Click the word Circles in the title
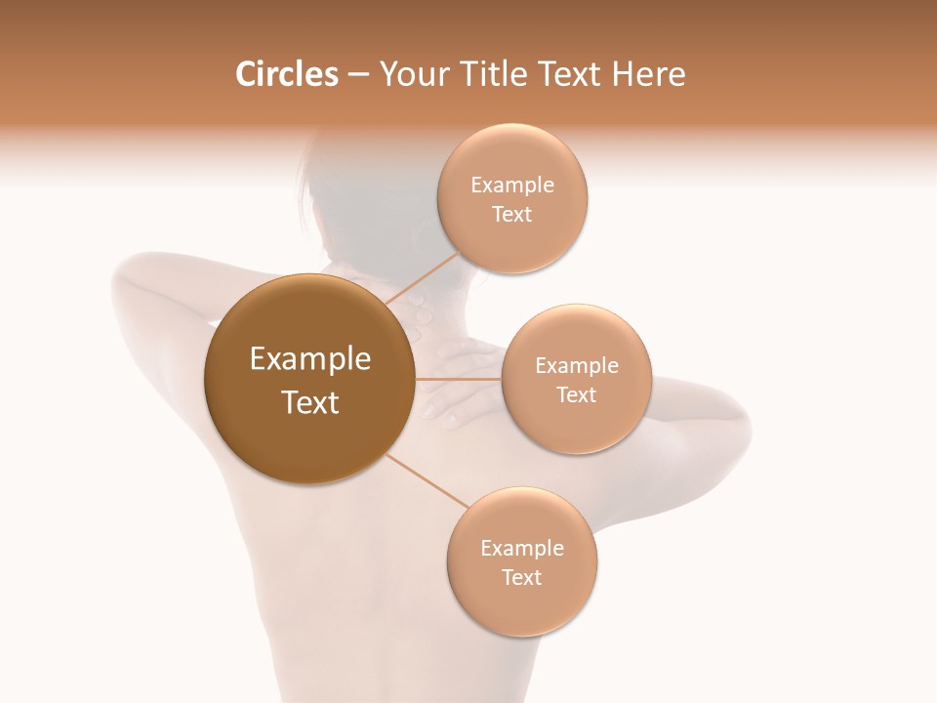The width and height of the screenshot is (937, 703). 286,74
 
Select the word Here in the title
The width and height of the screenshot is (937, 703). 650,74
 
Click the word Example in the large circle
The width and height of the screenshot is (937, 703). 309,359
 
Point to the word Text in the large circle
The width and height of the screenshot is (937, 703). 309,402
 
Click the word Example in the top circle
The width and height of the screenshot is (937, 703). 512,186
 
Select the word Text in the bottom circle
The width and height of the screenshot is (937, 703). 521,577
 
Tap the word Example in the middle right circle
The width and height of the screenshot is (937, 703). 576,365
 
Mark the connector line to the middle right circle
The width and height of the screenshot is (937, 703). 459,379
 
